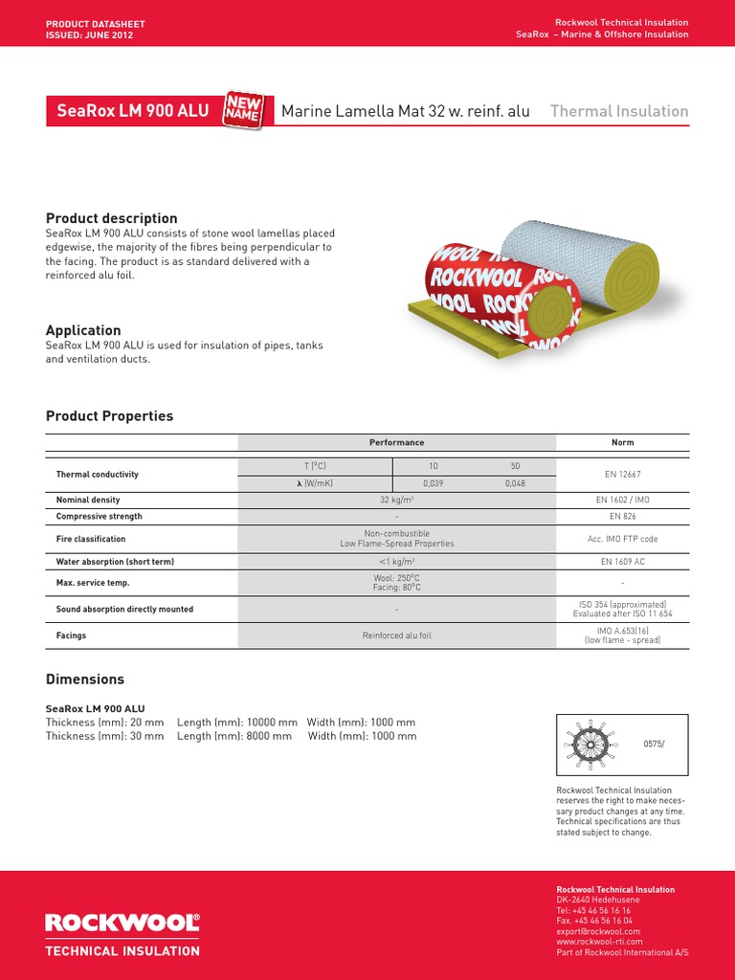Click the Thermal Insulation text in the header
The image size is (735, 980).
619,111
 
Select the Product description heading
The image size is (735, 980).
112,218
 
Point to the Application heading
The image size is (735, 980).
83,330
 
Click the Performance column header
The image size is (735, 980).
396,442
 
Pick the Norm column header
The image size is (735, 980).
622,442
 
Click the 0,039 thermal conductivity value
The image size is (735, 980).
434,483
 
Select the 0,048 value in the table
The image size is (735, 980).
515,483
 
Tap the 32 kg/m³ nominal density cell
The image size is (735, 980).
396,500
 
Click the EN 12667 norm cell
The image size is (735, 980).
622,474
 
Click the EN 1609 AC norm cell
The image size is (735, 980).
622,562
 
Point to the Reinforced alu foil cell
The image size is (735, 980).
396,635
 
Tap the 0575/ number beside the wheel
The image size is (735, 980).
654,743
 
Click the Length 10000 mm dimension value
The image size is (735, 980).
237,722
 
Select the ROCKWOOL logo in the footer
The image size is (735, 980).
122,923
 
